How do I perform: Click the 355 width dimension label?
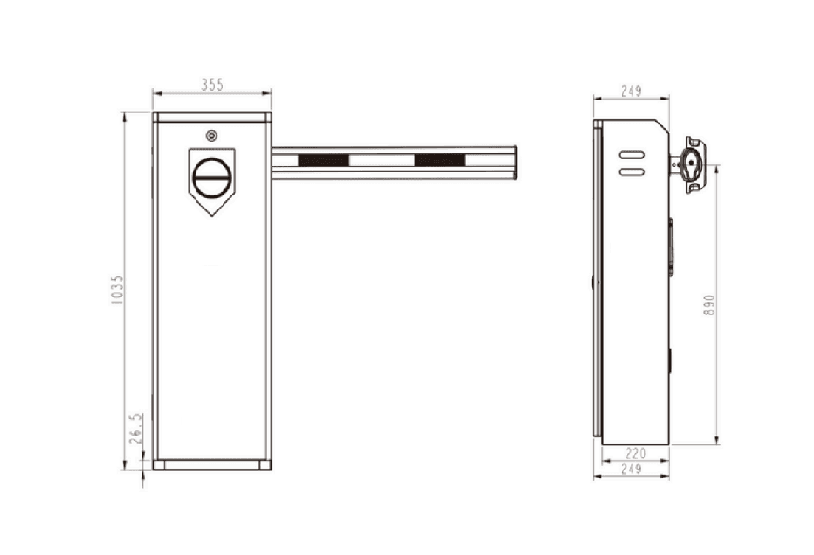coord(213,85)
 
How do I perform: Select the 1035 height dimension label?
coord(117,290)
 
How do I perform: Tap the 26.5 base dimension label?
coord(136,428)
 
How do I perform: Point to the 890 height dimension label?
coord(710,305)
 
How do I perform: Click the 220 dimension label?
coord(635,454)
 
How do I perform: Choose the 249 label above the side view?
coord(631,91)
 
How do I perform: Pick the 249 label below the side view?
coord(631,469)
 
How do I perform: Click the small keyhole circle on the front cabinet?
coord(211,136)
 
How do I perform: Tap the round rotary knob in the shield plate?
coord(211,178)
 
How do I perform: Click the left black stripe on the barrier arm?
coord(323,160)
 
